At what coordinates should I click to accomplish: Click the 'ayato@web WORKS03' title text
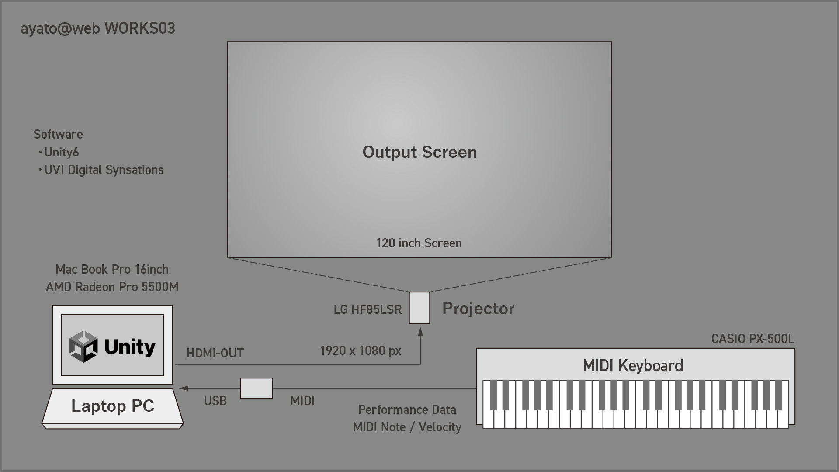98,28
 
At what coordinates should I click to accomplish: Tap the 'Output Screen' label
419,152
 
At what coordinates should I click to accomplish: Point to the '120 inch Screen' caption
419,243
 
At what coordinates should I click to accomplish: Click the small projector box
419,308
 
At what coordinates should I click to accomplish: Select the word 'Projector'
478,309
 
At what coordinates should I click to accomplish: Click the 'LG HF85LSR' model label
367,309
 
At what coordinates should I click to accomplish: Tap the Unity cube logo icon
83,347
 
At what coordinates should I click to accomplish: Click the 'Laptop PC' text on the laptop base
113,406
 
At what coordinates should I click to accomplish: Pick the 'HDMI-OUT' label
215,353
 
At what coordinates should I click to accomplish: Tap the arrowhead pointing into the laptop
184,388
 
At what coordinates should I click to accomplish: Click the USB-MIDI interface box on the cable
257,388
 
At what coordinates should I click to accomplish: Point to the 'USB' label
215,401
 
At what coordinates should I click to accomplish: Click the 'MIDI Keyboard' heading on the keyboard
633,366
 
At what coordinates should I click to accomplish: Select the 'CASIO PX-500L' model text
752,339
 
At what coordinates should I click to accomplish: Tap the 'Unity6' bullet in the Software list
59,152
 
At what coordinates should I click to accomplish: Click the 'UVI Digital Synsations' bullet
101,170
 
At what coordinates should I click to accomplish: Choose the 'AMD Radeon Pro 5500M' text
112,287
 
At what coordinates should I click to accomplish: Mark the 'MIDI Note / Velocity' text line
407,427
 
